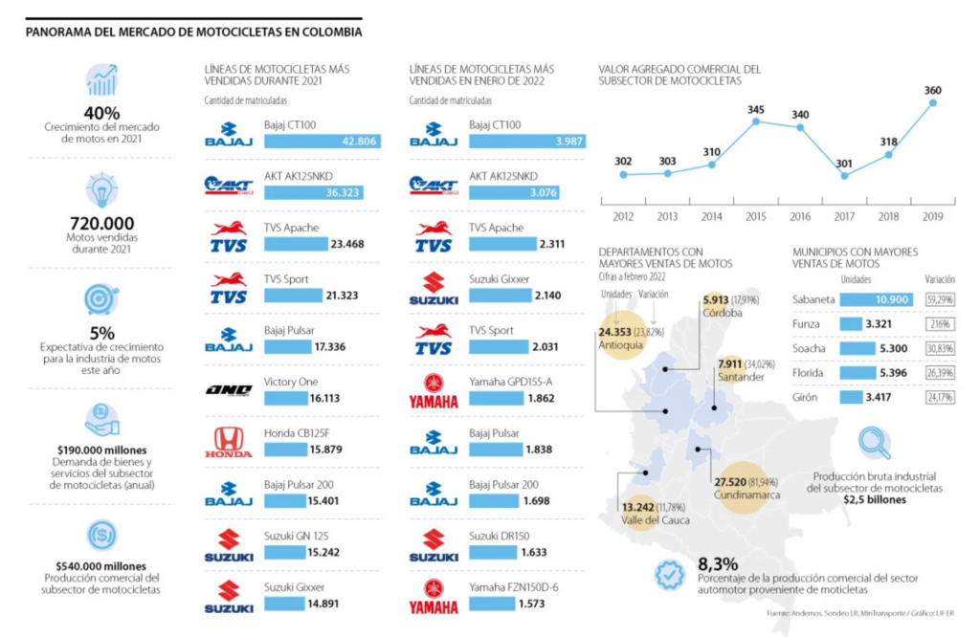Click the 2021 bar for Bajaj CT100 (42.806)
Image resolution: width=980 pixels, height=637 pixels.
[x=322, y=141]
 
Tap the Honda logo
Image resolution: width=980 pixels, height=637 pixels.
[x=229, y=442]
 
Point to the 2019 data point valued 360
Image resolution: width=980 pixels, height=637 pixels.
[x=932, y=102]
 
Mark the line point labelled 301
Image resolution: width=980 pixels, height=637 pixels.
[x=844, y=175]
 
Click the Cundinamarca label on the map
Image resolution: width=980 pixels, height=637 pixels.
[x=746, y=494]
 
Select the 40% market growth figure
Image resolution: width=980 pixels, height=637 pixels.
[x=100, y=113]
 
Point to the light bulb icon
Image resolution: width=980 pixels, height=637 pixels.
[x=100, y=189]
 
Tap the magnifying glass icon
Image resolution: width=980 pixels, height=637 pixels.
[x=874, y=444]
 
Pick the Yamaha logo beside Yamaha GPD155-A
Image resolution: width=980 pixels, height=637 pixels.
[x=434, y=390]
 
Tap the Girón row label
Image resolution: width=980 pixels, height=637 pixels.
[x=807, y=397]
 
